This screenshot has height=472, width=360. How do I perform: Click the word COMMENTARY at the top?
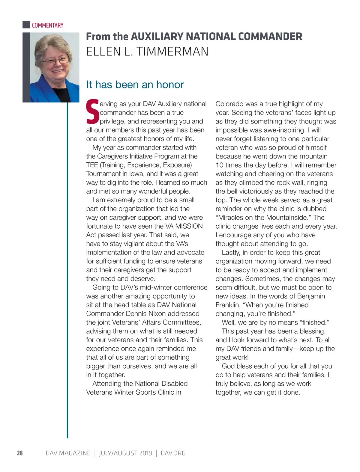click(x=47, y=25)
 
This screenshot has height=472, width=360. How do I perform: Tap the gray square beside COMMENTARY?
click(x=26, y=25)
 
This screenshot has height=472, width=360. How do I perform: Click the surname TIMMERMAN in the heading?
click(x=172, y=52)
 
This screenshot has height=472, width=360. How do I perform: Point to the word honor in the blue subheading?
click(x=170, y=85)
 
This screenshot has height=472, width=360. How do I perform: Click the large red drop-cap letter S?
click(x=92, y=112)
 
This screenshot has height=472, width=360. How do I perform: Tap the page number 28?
click(x=20, y=453)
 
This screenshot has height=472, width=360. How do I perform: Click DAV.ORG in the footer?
click(x=173, y=453)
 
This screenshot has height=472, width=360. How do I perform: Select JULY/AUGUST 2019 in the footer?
click(x=125, y=453)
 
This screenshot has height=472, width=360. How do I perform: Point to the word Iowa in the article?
click(x=136, y=174)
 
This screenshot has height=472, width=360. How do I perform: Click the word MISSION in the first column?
click(x=189, y=226)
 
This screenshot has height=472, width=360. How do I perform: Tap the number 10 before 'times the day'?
click(x=219, y=165)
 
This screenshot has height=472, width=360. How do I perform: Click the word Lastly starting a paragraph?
click(x=231, y=253)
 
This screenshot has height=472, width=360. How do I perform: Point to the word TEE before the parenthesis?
click(x=92, y=165)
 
